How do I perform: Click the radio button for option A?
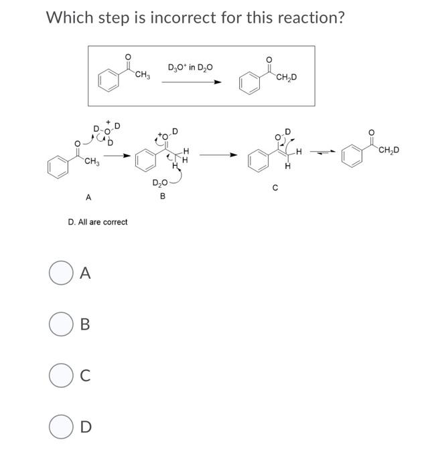pos(60,273)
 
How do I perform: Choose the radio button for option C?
pos(60,375)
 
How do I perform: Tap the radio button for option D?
pos(60,426)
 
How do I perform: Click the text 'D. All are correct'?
pos(98,221)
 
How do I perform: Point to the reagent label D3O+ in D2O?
pos(191,67)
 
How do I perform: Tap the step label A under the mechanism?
pos(88,197)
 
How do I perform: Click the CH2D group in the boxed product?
pos(287,78)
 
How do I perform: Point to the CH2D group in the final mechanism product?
pos(388,149)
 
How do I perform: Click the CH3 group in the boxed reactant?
pos(143,75)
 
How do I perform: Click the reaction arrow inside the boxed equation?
pos(191,82)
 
